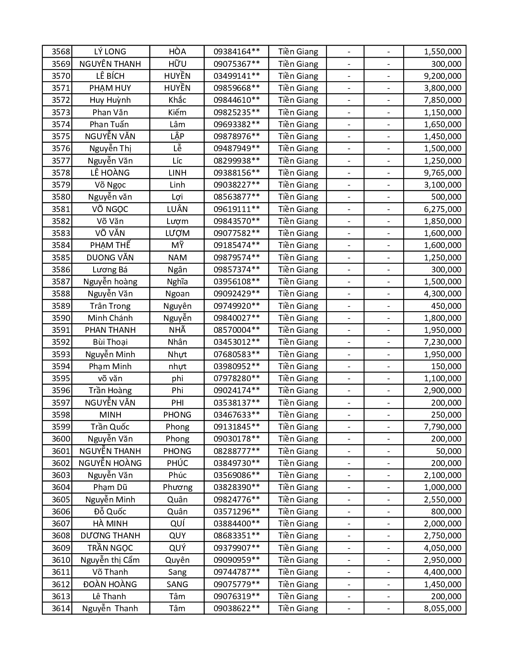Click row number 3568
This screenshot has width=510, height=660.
[61, 52]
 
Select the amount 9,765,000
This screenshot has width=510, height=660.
[442, 173]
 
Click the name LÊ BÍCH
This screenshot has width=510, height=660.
[110, 76]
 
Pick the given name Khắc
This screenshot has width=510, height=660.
[177, 100]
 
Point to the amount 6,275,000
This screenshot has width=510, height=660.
[442, 209]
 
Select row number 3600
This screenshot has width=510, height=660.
[61, 439]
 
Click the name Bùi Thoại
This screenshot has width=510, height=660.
[110, 342]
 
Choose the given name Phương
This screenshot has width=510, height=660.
[177, 487]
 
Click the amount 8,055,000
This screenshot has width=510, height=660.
[442, 608]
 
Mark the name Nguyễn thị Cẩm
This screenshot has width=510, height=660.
[110, 560]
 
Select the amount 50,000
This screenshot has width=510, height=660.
[448, 451]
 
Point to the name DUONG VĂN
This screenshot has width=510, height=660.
[110, 258]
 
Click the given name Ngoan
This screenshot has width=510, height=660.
[177, 294]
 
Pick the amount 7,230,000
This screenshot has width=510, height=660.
[442, 342]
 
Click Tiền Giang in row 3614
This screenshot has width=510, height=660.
[298, 608]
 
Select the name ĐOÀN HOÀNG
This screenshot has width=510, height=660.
[110, 584]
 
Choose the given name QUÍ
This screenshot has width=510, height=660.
[177, 524]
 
